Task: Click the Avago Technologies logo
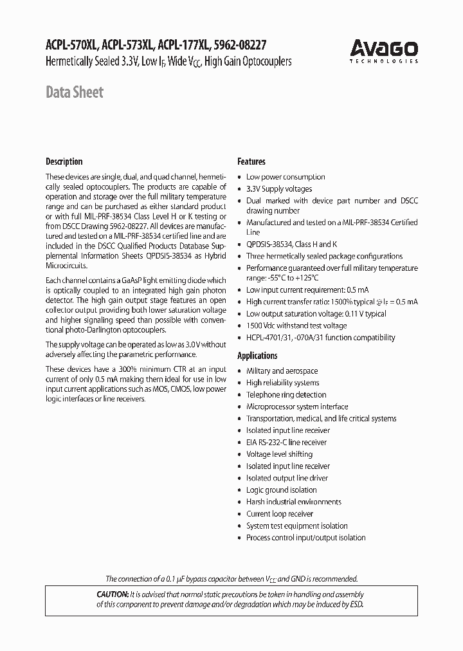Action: [x=384, y=50]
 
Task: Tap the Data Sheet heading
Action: [x=74, y=93]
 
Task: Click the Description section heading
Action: [x=64, y=161]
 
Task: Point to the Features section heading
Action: [x=251, y=161]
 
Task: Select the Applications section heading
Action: [x=257, y=356]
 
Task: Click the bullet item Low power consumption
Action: [x=286, y=177]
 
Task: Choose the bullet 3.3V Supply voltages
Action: [x=279, y=189]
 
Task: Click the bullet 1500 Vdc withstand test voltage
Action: [x=296, y=325]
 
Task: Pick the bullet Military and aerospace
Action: [x=282, y=371]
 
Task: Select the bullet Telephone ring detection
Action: [x=286, y=395]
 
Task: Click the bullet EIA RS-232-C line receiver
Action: [x=286, y=443]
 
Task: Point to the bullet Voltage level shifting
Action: [x=279, y=454]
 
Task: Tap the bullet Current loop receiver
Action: [x=280, y=514]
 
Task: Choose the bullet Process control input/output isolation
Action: [x=305, y=538]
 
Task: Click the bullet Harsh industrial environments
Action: [x=293, y=502]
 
